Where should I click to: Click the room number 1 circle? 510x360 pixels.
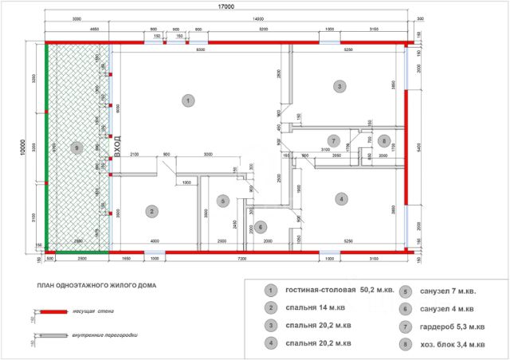[187, 100]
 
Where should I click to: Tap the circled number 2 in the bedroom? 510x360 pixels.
[151, 211]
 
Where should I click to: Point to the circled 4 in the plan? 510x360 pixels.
[340, 198]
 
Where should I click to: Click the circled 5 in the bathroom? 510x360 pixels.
[224, 201]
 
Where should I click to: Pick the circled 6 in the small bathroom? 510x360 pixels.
[261, 227]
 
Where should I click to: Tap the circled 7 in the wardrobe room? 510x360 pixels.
[335, 141]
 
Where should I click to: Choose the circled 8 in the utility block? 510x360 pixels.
[384, 141]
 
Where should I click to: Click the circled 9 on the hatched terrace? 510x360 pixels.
[76, 147]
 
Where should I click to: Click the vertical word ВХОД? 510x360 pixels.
[116, 147]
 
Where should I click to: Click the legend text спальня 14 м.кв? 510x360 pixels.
[318, 307]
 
